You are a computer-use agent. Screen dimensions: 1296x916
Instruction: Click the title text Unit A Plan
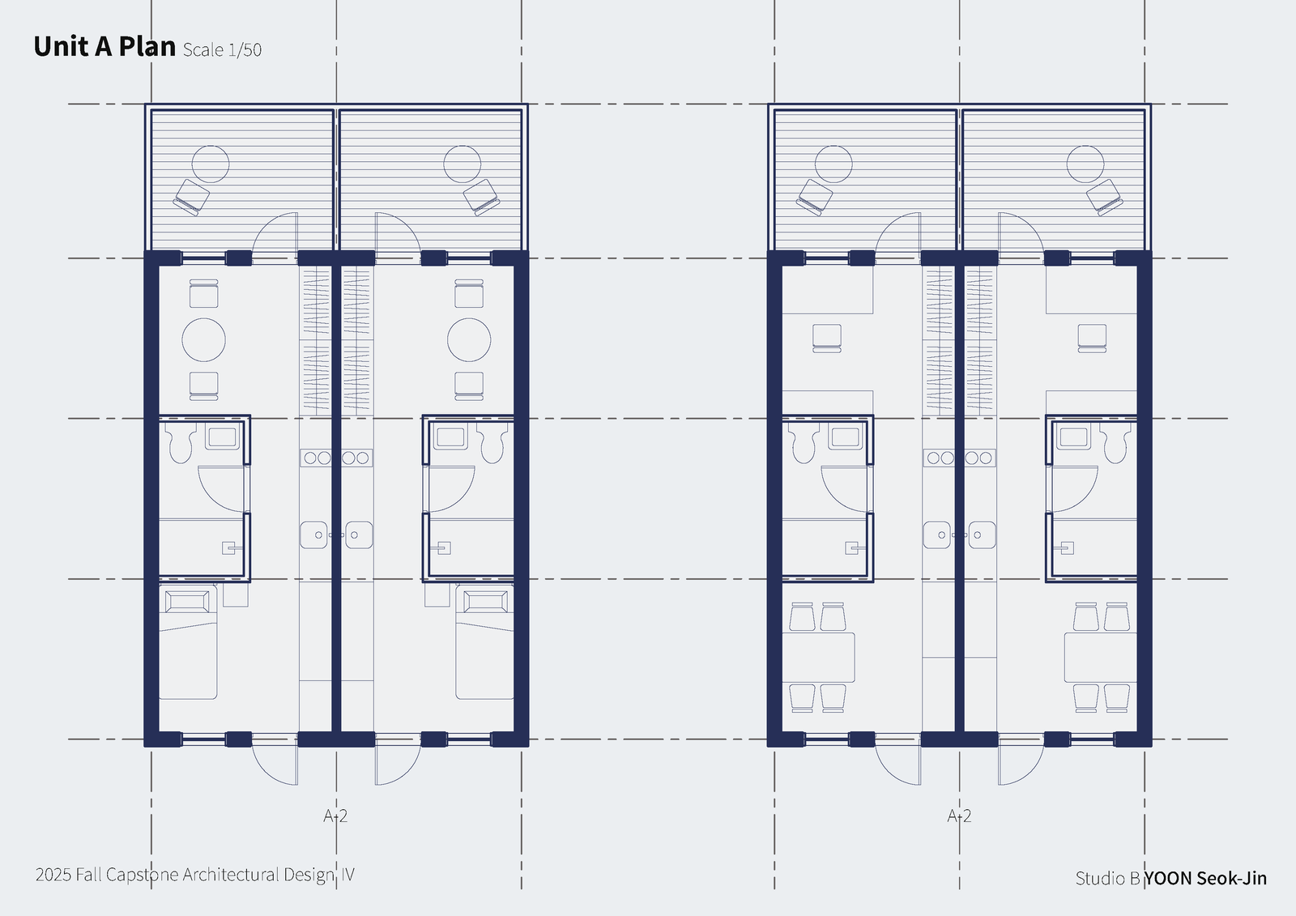[104, 46]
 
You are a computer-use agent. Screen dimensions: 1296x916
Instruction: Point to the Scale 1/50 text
[222, 49]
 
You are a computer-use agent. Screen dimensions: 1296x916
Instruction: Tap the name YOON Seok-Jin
[1205, 878]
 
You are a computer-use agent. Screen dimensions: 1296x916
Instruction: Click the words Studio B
[1107, 879]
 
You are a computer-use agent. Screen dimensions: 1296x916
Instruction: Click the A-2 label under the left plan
[335, 816]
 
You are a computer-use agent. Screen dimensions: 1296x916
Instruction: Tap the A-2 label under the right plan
[959, 816]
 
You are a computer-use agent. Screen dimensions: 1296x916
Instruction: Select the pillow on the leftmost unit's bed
[187, 602]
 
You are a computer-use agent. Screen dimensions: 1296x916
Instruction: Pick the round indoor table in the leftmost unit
[203, 339]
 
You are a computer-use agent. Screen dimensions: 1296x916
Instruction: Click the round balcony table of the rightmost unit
[1085, 164]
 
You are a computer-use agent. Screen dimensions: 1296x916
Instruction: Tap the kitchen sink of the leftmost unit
[313, 535]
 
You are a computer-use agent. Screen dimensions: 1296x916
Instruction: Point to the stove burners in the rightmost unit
[980, 458]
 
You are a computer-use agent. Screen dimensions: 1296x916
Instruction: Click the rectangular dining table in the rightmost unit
[1101, 658]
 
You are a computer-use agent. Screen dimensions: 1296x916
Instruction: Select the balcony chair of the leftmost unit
[191, 198]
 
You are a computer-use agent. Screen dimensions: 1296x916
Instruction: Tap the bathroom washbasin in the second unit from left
[451, 437]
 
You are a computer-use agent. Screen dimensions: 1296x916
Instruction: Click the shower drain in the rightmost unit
[1067, 548]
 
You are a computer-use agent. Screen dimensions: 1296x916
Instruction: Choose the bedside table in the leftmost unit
[236, 594]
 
